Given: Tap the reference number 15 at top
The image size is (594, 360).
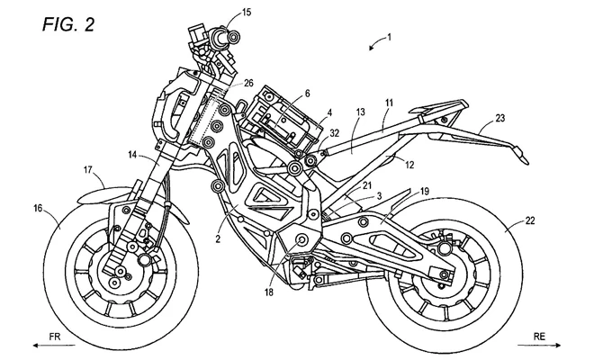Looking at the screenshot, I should tap(247, 13).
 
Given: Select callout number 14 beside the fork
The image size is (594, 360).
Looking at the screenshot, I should tap(130, 156).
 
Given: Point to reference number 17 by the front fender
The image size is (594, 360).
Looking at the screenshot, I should tap(89, 167).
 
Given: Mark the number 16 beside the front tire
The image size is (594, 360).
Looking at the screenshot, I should tap(38, 207).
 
